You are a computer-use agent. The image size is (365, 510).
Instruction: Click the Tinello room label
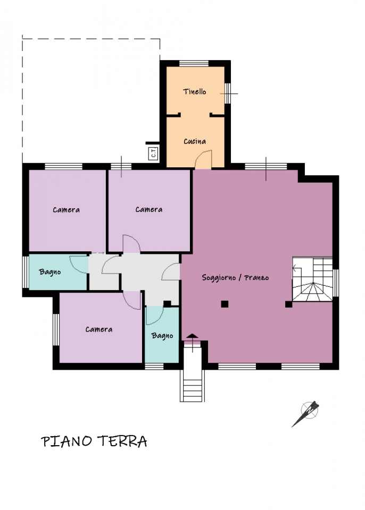(x=195, y=92)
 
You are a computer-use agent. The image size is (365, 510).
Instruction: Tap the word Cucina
(x=195, y=141)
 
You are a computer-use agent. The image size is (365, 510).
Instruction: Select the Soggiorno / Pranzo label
(x=235, y=277)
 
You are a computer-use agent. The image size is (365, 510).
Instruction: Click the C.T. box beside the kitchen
(x=153, y=153)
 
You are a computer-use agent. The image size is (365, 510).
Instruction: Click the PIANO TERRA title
(x=94, y=441)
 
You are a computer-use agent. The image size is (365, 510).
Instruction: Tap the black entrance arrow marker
(x=192, y=336)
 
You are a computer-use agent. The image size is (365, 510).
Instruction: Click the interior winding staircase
(x=312, y=279)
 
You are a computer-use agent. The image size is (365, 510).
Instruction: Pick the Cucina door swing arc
(x=203, y=159)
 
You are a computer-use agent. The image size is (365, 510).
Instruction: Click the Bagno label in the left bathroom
(x=50, y=272)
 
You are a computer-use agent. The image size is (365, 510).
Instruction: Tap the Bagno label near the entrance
(x=162, y=336)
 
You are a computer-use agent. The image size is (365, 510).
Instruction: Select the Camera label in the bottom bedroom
(x=99, y=329)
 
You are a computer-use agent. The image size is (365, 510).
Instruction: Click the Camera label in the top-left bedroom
(x=66, y=210)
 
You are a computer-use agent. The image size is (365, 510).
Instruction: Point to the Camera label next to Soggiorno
(x=149, y=209)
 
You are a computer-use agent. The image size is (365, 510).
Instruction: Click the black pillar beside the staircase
(x=288, y=304)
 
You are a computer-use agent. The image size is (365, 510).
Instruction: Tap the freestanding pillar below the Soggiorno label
(x=225, y=304)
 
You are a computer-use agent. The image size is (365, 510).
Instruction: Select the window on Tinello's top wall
(x=194, y=63)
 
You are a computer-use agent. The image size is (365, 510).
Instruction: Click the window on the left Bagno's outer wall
(x=26, y=272)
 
